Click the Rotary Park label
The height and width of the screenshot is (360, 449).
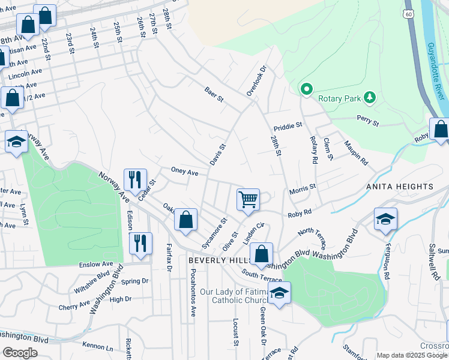point(337,97)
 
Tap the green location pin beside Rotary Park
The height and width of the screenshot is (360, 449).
point(306,90)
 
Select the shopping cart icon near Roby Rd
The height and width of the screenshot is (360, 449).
point(248,199)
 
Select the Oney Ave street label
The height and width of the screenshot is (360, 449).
point(184,172)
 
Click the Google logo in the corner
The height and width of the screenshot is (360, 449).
point(20,352)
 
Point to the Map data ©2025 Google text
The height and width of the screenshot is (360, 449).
point(411,355)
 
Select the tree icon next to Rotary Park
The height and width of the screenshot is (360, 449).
point(370,97)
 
